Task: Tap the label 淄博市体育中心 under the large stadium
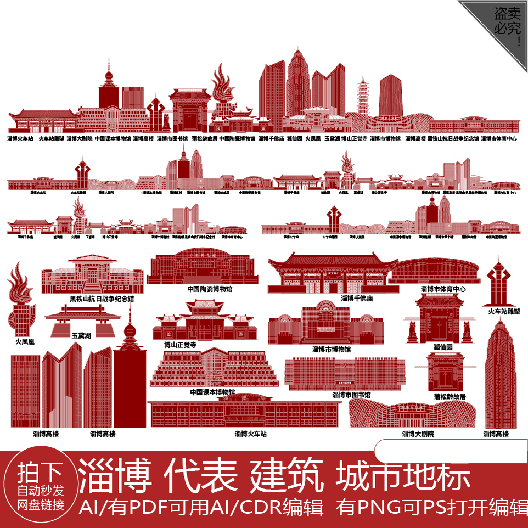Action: pyautogui.click(x=443, y=288)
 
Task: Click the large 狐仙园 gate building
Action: pyautogui.click(x=439, y=319)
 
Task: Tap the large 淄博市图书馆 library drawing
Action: pyautogui.click(x=344, y=374)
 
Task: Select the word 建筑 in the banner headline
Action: pyautogui.click(x=287, y=476)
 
